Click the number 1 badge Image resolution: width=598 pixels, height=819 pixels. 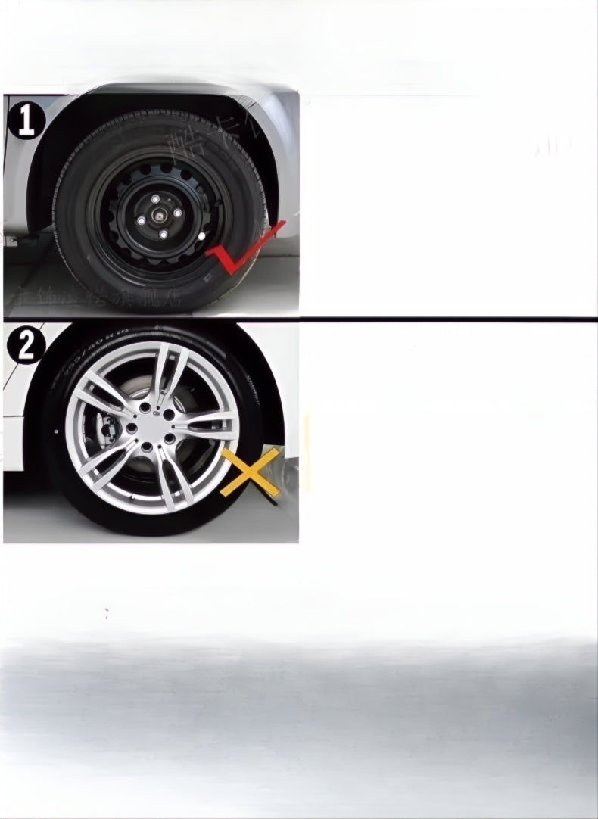(x=26, y=122)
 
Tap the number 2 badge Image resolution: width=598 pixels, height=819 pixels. (x=26, y=347)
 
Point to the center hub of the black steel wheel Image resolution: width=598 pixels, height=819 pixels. (x=160, y=216)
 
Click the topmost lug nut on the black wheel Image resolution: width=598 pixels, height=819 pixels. (x=154, y=199)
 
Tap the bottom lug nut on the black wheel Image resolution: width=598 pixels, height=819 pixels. (x=163, y=235)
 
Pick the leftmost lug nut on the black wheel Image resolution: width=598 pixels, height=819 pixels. (x=141, y=220)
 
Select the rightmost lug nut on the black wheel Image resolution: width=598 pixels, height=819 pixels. (x=178, y=213)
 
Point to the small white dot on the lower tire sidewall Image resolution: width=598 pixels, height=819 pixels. (x=56, y=431)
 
